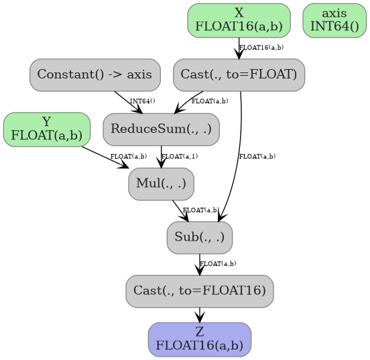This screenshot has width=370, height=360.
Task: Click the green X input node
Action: (239, 20)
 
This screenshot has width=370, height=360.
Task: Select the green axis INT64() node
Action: (334, 20)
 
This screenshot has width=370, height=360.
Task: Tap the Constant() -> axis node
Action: (95, 74)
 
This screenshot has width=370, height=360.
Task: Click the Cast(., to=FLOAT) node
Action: (239, 74)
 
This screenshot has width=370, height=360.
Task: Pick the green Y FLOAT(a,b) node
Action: (47, 129)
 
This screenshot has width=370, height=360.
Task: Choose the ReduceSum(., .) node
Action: (161, 129)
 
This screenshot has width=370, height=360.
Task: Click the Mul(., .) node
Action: (161, 183)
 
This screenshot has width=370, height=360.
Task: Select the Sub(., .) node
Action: (199, 237)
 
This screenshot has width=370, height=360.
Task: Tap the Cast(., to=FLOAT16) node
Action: (199, 291)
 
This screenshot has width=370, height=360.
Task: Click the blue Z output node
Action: (199, 339)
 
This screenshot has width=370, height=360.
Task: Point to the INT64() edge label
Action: (143, 101)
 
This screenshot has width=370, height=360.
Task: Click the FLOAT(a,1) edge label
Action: (180, 156)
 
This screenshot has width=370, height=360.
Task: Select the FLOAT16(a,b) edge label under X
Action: (261, 48)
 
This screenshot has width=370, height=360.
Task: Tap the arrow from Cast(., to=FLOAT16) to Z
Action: (199, 314)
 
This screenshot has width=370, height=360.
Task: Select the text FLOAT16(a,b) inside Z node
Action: (199, 346)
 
